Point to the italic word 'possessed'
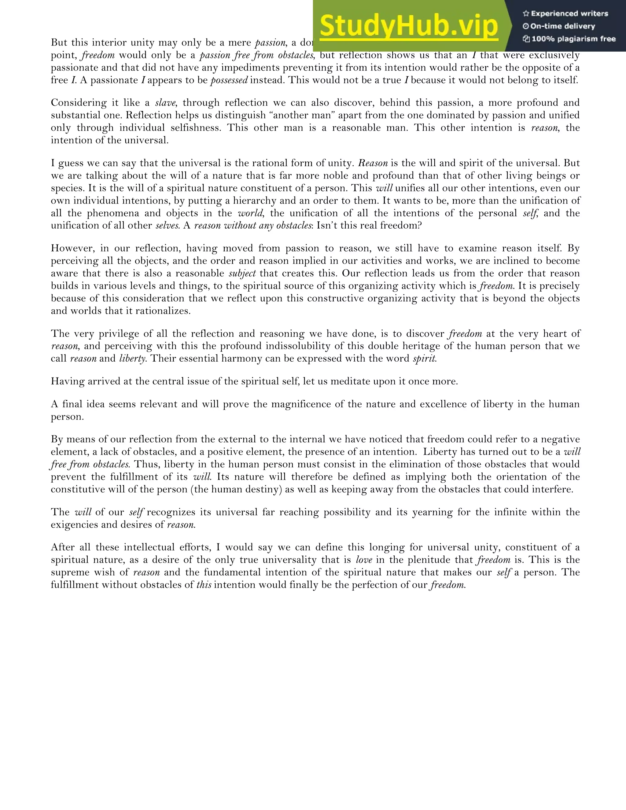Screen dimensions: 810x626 tap(229, 80)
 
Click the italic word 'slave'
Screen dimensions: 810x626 tap(165, 103)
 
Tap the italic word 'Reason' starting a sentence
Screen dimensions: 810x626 tap(373, 163)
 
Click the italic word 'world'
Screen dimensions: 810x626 tap(250, 213)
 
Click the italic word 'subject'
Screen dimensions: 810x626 tap(242, 274)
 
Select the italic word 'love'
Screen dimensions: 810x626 tap(364, 560)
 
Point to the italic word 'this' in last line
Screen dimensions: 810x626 tap(204, 585)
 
